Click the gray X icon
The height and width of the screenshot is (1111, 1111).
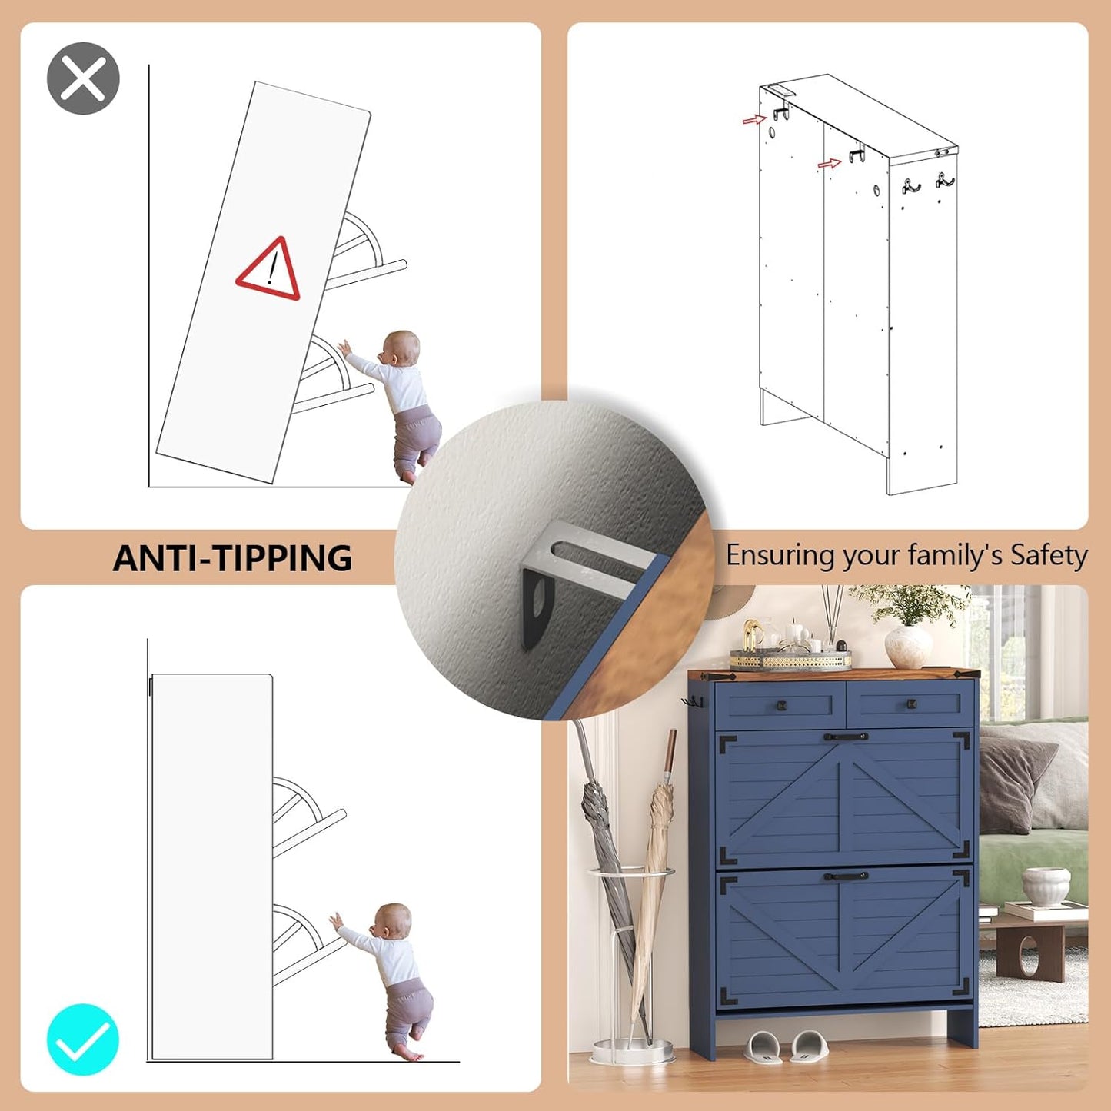[x=83, y=78]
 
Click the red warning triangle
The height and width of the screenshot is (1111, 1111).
[x=269, y=271]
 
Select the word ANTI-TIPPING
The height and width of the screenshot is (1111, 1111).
[x=232, y=557]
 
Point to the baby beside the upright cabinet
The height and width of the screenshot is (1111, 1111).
[x=384, y=981]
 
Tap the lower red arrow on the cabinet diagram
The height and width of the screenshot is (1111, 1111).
[x=830, y=164]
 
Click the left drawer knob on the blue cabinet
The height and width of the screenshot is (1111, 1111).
[x=782, y=705]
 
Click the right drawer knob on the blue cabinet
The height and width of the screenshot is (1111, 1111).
[x=912, y=704]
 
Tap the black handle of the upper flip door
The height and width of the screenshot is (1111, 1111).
[x=846, y=737]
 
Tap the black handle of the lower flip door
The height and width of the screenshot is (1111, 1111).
[x=846, y=876]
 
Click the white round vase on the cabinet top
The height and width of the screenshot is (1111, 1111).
[x=909, y=647]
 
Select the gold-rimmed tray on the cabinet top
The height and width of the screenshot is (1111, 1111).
[x=790, y=658]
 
